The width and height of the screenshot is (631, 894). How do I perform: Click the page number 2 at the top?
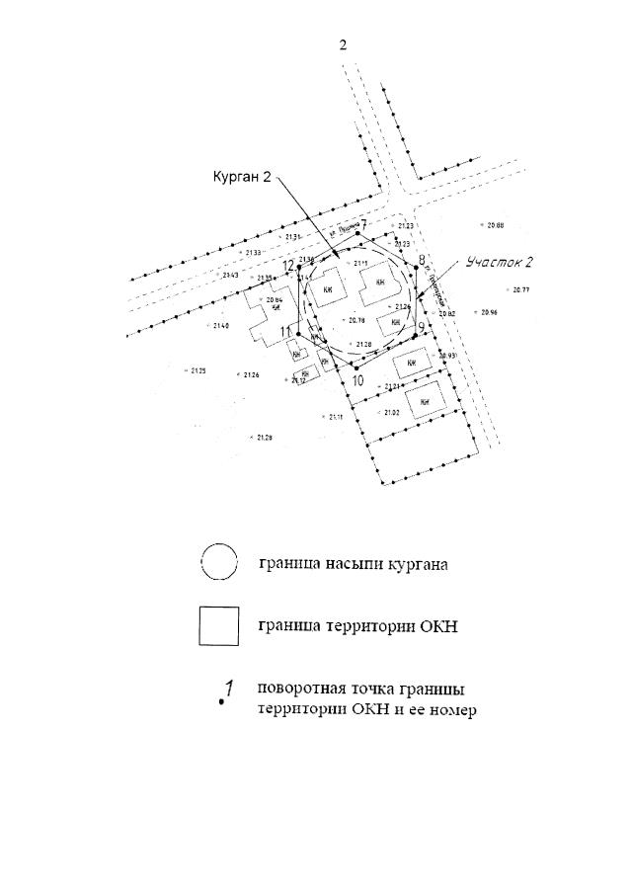[x=343, y=45]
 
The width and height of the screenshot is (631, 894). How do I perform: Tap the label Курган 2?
[x=242, y=177]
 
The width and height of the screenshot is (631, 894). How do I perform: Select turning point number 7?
[x=362, y=226]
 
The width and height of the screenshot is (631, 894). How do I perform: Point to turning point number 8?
[x=422, y=261]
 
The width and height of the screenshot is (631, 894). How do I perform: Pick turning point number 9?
[x=421, y=327]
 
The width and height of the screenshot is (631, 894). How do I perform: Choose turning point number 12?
[x=288, y=267]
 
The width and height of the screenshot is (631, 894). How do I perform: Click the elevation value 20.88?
[x=495, y=226]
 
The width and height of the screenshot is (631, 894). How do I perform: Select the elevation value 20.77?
[x=520, y=290]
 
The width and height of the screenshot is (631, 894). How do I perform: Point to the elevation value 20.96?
[x=488, y=312]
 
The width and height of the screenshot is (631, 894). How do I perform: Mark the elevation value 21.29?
[x=264, y=437]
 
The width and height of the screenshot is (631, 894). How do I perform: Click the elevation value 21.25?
[x=197, y=370]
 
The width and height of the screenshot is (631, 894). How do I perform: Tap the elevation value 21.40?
[x=220, y=326]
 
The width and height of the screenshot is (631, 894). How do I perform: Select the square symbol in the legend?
[x=218, y=625]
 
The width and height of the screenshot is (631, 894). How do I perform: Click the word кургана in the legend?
[x=419, y=565]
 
